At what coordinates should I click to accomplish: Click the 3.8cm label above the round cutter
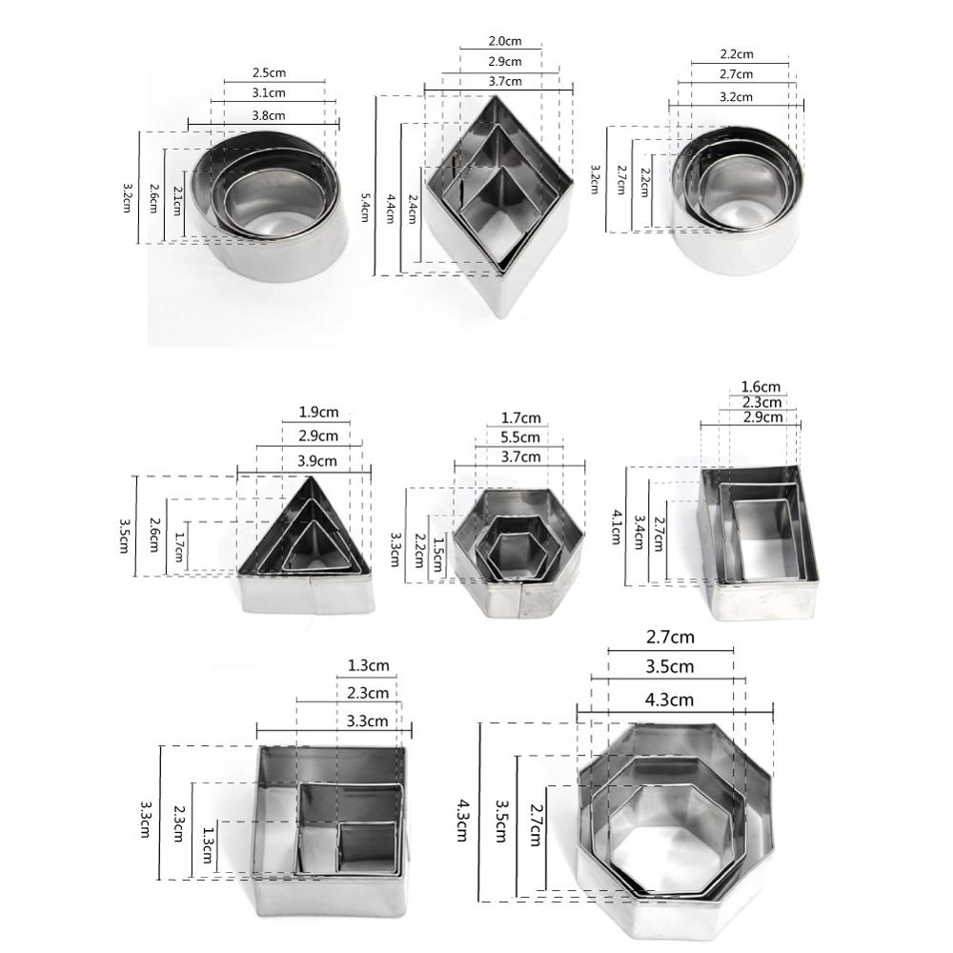coord(268,115)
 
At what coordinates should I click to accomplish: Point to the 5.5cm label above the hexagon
coord(519,437)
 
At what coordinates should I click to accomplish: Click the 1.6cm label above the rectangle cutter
coord(760,387)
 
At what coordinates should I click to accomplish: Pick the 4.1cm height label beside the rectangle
coord(617,525)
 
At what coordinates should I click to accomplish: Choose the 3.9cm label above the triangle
coord(317,460)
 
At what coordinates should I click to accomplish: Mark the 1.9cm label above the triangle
coord(316,415)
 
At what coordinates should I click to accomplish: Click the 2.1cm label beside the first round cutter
coord(178,203)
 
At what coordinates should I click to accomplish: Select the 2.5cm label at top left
coord(269,72)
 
